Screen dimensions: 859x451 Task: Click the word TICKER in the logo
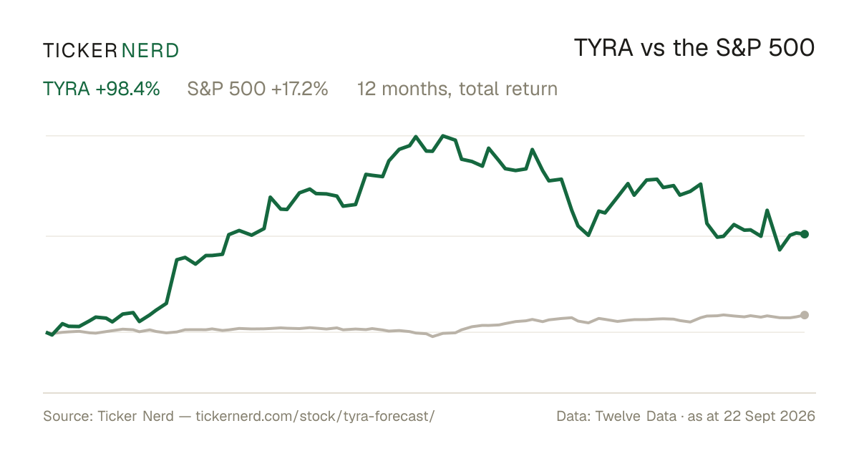[x=80, y=51]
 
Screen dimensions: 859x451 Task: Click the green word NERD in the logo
[x=150, y=51]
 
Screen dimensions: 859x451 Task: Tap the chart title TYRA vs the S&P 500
[x=694, y=48]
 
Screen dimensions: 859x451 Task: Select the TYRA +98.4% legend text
[x=101, y=89]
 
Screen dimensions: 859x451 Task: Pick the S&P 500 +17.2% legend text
[x=258, y=89]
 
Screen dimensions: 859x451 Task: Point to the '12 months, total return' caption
[x=457, y=89]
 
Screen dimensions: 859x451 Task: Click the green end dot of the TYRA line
[x=805, y=234]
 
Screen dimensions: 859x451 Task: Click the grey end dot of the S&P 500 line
[x=805, y=315]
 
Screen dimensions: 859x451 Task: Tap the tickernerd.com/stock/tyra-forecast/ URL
[x=315, y=416]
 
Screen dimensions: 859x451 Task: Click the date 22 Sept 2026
[x=770, y=416]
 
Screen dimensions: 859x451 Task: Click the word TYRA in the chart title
[x=603, y=48]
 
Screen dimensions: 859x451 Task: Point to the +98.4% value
[x=127, y=89]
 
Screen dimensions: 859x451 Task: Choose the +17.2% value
[x=299, y=89]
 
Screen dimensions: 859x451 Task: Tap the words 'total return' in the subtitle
[x=508, y=89]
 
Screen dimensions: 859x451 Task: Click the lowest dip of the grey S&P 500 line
[x=433, y=336]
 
